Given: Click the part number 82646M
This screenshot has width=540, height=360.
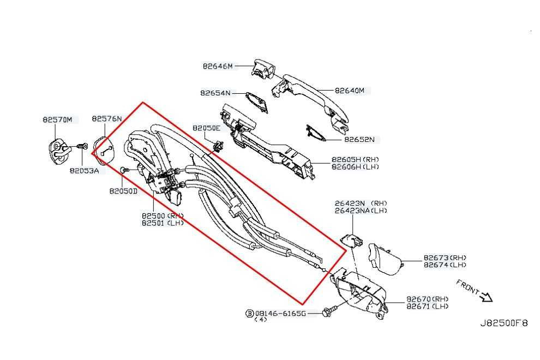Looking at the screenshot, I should (x=217, y=67).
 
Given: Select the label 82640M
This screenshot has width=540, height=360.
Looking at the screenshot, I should (x=349, y=91).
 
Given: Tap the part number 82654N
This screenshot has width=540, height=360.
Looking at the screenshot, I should (x=215, y=93).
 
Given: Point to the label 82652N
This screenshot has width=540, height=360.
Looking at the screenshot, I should (x=361, y=140).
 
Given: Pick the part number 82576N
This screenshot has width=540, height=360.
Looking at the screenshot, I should (x=107, y=118).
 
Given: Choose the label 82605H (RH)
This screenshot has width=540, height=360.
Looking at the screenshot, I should (x=355, y=160).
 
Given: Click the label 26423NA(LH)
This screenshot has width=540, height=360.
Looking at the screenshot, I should (x=361, y=210).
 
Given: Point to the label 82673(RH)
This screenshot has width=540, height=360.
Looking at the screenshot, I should (x=445, y=257).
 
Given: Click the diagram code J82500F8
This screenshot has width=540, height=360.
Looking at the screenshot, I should (x=503, y=323).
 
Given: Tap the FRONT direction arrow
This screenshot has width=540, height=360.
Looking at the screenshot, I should (x=484, y=296).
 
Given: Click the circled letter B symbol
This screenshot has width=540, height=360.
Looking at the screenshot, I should (x=249, y=314).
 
